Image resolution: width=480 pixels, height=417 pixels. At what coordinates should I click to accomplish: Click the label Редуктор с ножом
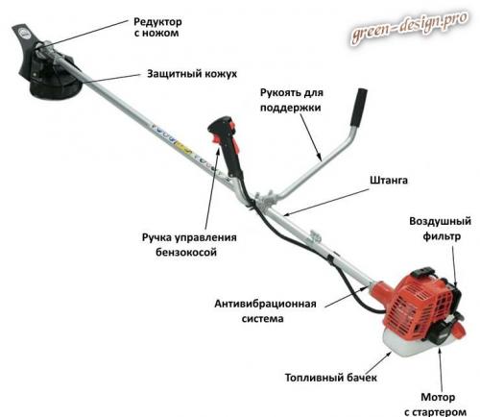pos(157,27)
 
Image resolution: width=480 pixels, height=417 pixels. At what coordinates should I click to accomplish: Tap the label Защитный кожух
pos(192,74)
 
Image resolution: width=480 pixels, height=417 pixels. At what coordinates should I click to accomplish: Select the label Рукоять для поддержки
pos(291,100)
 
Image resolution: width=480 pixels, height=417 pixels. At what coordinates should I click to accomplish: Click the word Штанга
pos(389,180)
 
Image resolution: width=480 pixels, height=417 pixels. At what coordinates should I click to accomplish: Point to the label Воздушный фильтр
pos(441,229)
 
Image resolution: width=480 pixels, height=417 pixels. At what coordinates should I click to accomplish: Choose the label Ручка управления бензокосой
pos(189,245)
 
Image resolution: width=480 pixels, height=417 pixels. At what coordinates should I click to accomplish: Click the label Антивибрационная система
pos(265,311)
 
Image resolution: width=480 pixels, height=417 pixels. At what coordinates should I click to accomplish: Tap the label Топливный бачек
pos(331,378)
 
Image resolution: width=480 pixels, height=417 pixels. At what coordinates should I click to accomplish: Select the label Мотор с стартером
pos(435,405)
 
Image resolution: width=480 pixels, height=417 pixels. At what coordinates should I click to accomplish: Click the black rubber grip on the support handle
pos(359,108)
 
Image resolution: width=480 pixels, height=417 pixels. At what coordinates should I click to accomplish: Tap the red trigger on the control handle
pos(215,139)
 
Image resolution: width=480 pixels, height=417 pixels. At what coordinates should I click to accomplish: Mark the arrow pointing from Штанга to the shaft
pos(326,203)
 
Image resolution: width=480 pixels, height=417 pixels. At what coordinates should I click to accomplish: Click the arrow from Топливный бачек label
pos(378,362)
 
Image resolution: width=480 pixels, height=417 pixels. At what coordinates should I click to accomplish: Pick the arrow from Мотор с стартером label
pos(441,369)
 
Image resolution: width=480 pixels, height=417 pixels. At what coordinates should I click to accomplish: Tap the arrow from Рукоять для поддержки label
pos(311,137)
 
